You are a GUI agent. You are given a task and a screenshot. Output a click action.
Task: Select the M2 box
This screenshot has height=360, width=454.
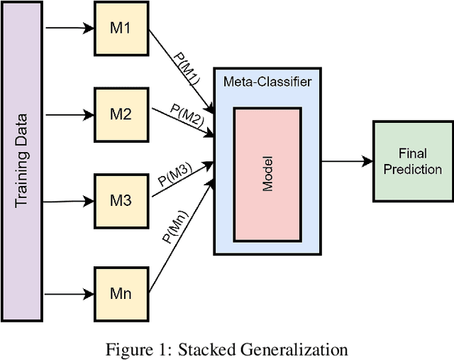pyautogui.click(x=123, y=114)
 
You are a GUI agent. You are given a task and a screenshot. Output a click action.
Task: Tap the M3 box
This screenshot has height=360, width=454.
pyautogui.click(x=123, y=201)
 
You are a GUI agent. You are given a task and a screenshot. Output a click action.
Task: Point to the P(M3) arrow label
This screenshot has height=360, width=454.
pyautogui.click(x=174, y=175)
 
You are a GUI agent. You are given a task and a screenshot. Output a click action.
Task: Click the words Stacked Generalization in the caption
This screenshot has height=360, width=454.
pyautogui.click(x=263, y=349)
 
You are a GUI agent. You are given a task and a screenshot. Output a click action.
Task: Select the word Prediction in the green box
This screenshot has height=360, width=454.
pyautogui.click(x=413, y=169)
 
